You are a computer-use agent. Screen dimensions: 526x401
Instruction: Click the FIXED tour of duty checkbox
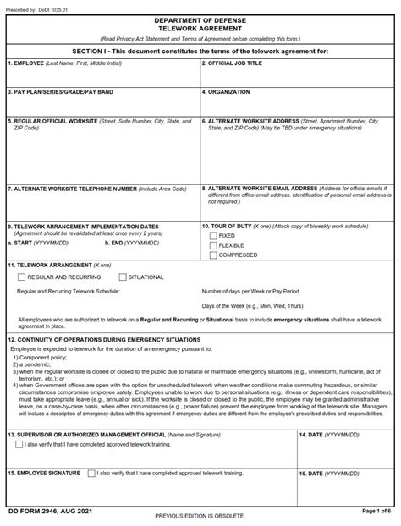[213, 236]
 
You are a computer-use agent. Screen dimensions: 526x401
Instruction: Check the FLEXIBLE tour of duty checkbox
[213, 245]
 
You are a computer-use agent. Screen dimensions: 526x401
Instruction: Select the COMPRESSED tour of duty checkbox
[213, 255]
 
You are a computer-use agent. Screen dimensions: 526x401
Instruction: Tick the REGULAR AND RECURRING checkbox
[21, 277]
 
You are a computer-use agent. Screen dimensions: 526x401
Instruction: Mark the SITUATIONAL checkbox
[123, 277]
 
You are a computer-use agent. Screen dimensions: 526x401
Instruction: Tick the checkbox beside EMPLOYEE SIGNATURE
[91, 473]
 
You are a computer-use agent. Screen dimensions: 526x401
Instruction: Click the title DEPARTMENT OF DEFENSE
[200, 18]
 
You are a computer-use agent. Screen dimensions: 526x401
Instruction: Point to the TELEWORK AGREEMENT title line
[200, 26]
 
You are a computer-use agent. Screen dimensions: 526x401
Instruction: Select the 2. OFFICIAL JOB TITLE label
[233, 63]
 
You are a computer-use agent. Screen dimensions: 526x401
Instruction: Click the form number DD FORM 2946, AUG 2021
[47, 512]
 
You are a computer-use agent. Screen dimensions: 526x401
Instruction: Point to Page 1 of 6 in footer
[376, 512]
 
